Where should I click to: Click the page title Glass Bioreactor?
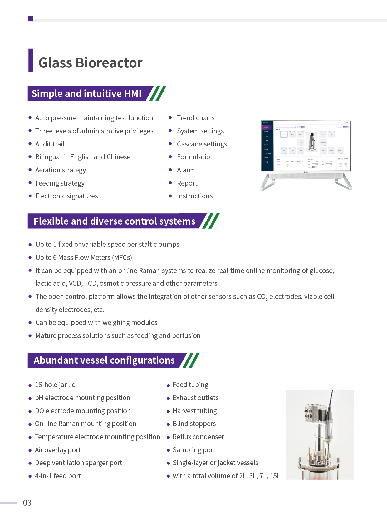pos(90,63)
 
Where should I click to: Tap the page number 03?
pos(27,503)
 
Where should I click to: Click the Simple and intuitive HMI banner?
pos(86,93)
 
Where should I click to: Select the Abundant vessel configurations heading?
pos(104,360)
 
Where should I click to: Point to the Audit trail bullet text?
pos(50,144)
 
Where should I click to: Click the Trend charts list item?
pos(195,118)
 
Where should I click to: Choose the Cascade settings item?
pos(202,144)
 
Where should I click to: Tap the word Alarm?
pos(186,170)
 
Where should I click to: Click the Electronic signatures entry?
pos(66,196)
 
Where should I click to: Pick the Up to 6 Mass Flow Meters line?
pos(84,257)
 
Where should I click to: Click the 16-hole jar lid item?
pos(55,385)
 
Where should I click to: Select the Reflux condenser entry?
pos(198,437)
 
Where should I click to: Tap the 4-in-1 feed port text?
pos(58,476)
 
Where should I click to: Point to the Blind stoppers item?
pos(194,424)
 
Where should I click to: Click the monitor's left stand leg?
pos(267,182)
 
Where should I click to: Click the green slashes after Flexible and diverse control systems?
pos(211,221)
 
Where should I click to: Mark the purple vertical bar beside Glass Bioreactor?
pos(31,60)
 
